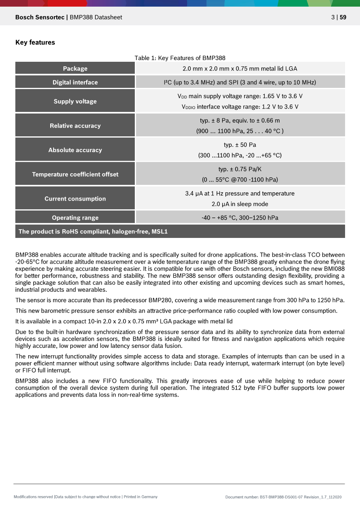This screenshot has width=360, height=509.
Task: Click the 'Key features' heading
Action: point(35,42)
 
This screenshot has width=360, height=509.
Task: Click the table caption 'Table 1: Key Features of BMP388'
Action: point(180,58)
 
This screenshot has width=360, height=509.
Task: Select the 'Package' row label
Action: point(75,68)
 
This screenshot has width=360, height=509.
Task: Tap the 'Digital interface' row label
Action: point(75,82)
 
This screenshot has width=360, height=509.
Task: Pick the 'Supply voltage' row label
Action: point(75,101)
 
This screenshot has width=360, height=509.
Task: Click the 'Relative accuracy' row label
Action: point(75,126)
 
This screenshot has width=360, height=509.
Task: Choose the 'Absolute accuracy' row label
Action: point(75,150)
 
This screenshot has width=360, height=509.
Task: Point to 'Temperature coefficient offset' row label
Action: point(75,174)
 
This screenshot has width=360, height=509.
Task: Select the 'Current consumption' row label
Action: point(75,199)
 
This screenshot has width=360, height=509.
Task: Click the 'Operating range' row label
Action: point(75,218)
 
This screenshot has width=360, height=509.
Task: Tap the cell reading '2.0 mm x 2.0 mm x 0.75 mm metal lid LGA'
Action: point(240,68)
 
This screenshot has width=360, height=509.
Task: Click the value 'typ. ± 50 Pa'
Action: point(240,145)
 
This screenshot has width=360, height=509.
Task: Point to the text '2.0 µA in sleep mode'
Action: point(240,204)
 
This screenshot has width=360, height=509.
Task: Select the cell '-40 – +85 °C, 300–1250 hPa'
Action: point(240,218)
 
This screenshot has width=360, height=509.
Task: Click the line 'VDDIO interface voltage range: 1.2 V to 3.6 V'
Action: point(240,107)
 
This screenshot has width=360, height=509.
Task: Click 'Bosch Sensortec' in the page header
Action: point(40,17)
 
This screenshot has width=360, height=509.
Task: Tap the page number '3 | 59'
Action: point(338,17)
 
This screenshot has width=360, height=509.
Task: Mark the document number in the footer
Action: point(283,497)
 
